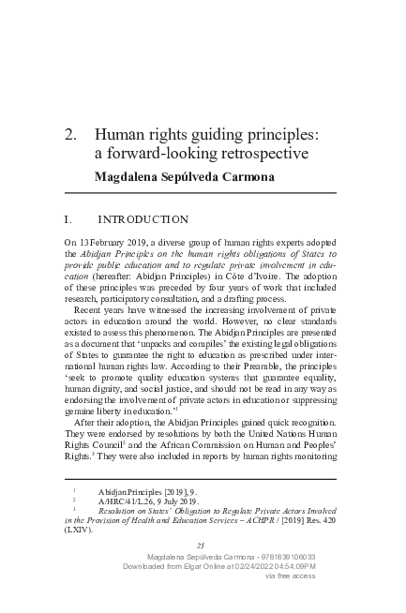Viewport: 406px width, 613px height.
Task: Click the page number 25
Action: click(200, 546)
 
